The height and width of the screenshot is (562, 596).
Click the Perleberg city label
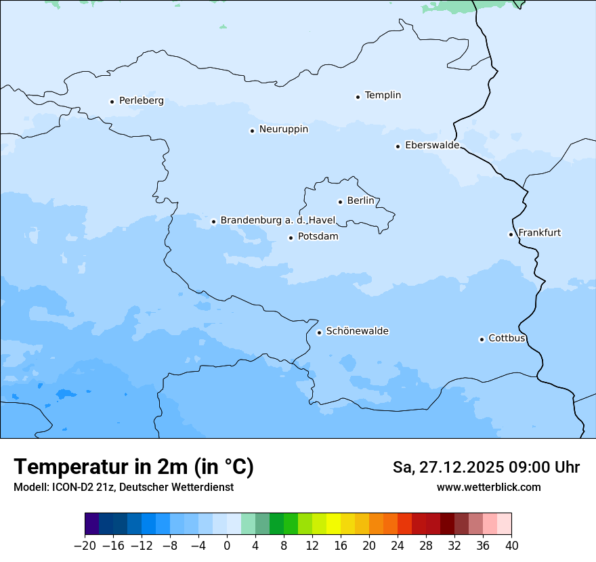click(141, 101)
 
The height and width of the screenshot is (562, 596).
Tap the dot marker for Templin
click(358, 97)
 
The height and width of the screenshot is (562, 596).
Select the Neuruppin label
click(283, 129)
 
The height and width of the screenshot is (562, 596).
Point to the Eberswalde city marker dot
click(398, 146)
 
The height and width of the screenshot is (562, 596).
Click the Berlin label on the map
click(360, 201)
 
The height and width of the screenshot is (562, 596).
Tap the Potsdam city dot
click(291, 238)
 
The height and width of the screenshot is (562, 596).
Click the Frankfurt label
click(539, 233)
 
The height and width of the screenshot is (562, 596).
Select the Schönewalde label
click(357, 331)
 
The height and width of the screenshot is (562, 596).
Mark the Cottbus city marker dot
click(482, 339)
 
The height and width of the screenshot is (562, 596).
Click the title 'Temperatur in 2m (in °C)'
click(133, 467)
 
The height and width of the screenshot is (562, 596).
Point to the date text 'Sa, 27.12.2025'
click(447, 467)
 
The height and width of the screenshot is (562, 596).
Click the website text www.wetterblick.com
click(488, 487)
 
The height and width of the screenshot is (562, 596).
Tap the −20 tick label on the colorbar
click(85, 546)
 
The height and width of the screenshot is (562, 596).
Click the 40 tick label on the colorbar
click(511, 546)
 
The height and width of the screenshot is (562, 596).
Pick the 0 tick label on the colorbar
click(227, 546)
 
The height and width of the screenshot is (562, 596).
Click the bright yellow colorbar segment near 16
click(333, 524)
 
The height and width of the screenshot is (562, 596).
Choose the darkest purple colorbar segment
click(92, 524)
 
